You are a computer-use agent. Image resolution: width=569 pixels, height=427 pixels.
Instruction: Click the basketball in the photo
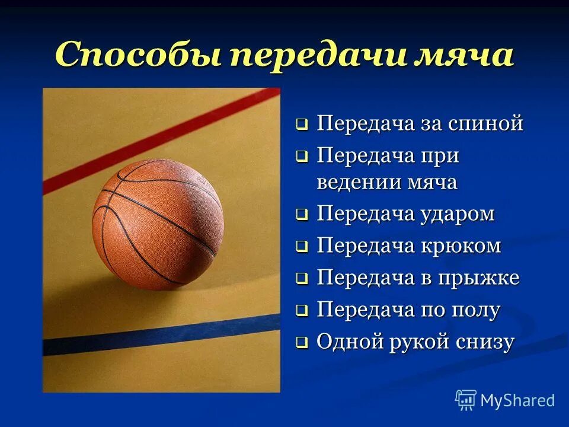click(158, 224)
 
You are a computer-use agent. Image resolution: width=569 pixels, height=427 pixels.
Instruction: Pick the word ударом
click(458, 213)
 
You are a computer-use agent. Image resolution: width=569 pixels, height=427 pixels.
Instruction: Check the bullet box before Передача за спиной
click(302, 125)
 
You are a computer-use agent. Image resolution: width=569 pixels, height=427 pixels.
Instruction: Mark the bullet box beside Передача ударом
click(302, 215)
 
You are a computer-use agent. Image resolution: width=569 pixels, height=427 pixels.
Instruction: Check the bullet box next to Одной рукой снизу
click(302, 343)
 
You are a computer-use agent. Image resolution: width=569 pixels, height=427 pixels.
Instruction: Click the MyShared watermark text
click(517, 400)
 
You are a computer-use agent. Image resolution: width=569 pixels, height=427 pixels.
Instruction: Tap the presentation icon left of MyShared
click(466, 400)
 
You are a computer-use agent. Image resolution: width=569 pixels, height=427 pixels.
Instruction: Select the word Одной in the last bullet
click(347, 342)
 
